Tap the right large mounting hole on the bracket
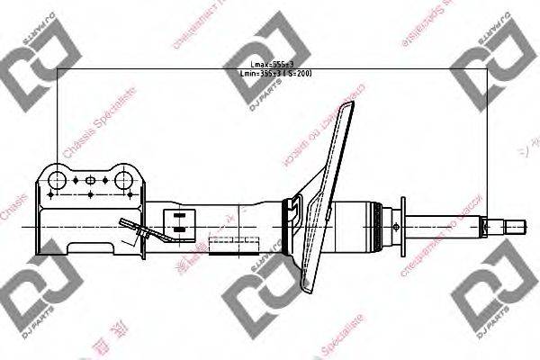coord(123,178)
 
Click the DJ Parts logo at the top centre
coord(265,36)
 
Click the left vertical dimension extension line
coord(58,117)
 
